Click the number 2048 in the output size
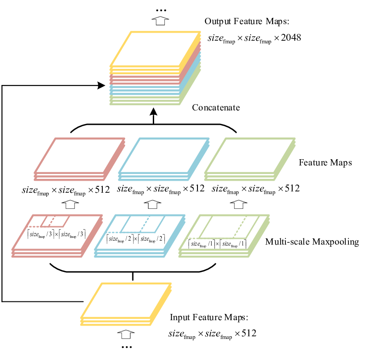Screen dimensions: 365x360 pos(291,38)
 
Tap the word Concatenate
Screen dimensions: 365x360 pos(216,108)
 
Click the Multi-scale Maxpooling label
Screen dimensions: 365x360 pos(312,242)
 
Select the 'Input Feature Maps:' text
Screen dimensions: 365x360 pos(209,318)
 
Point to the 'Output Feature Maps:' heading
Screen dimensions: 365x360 pos(247,21)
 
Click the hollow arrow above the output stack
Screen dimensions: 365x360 pos(160,21)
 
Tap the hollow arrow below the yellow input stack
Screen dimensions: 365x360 pos(126,335)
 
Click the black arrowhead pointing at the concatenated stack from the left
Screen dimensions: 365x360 pos(101,85)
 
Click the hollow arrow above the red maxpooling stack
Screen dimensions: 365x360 pos(70,204)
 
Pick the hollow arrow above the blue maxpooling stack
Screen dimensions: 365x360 pos(152,204)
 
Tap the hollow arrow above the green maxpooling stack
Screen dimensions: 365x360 pos(239,204)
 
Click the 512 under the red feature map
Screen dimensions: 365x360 pos(102,190)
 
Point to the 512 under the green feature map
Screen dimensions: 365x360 pos(292,189)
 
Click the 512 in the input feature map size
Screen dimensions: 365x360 pos(249,333)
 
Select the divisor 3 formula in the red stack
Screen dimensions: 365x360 pos(56,234)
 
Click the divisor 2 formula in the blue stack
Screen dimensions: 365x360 pos(136,239)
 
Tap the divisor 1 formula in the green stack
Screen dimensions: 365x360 pos(217,244)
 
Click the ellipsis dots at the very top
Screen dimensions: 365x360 pos(161,10)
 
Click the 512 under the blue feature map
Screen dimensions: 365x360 pos(197,189)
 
